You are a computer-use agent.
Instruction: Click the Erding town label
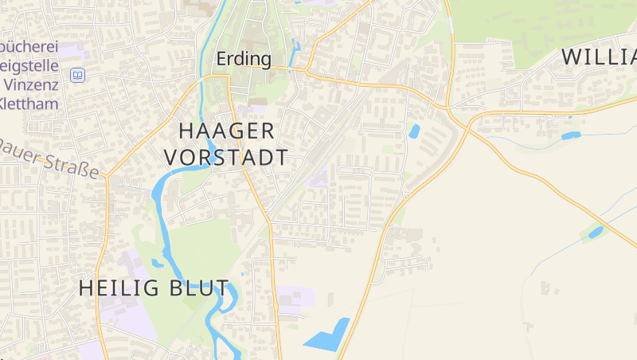(x=244, y=59)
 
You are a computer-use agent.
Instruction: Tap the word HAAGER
(x=226, y=131)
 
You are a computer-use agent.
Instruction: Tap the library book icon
(x=78, y=75)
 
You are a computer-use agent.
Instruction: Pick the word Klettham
(x=30, y=102)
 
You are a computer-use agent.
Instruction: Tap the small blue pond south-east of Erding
(x=414, y=131)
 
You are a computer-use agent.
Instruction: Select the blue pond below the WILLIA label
(x=571, y=135)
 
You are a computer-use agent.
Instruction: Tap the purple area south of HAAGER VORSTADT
(x=318, y=179)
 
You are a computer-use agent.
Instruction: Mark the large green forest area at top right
(x=541, y=20)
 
